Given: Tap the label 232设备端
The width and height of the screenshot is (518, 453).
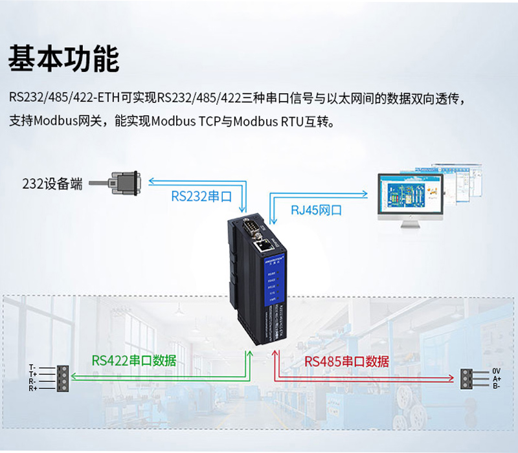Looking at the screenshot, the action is [x=52, y=184].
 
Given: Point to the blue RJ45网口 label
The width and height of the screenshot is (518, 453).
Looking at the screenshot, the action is [x=315, y=210].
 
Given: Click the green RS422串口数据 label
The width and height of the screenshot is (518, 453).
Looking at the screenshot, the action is [x=133, y=360].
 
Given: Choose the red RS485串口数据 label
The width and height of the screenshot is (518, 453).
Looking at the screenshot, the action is [x=346, y=361].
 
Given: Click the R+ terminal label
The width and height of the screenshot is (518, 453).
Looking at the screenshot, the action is [x=33, y=388].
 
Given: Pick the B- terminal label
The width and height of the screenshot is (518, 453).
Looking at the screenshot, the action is [x=497, y=386].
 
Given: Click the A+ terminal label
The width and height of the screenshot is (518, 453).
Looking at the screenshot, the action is [x=497, y=379].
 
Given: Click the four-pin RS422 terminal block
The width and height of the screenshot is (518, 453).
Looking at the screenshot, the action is [x=62, y=378].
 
